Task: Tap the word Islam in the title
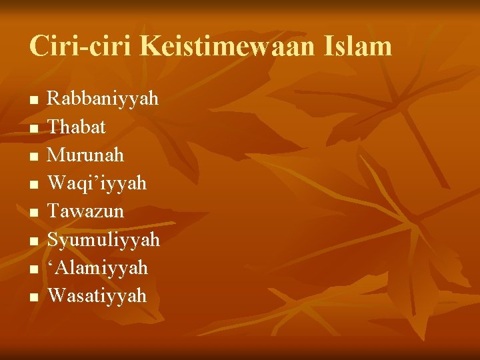357,47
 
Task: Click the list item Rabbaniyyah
103,99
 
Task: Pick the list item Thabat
77,127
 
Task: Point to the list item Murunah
85,155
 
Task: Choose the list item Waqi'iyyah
97,183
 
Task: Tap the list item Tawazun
85,211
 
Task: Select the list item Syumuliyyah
103,239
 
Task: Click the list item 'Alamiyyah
97,267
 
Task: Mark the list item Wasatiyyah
97,295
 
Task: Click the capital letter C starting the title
38,47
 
